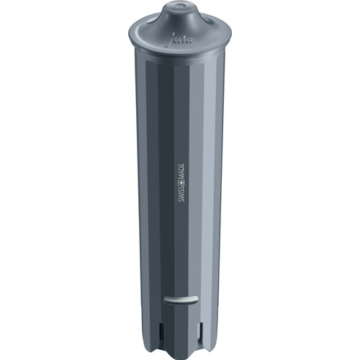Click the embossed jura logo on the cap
[x=184, y=41]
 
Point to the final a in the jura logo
[x=192, y=42]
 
